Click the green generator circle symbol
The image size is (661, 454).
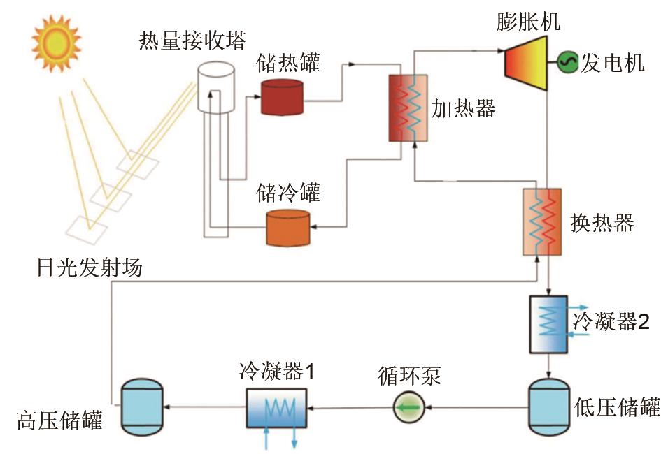[566, 64]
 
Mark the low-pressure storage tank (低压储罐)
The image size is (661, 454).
[548, 406]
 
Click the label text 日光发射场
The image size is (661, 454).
[90, 266]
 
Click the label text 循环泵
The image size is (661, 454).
[411, 376]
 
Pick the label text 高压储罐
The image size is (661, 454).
[59, 420]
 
